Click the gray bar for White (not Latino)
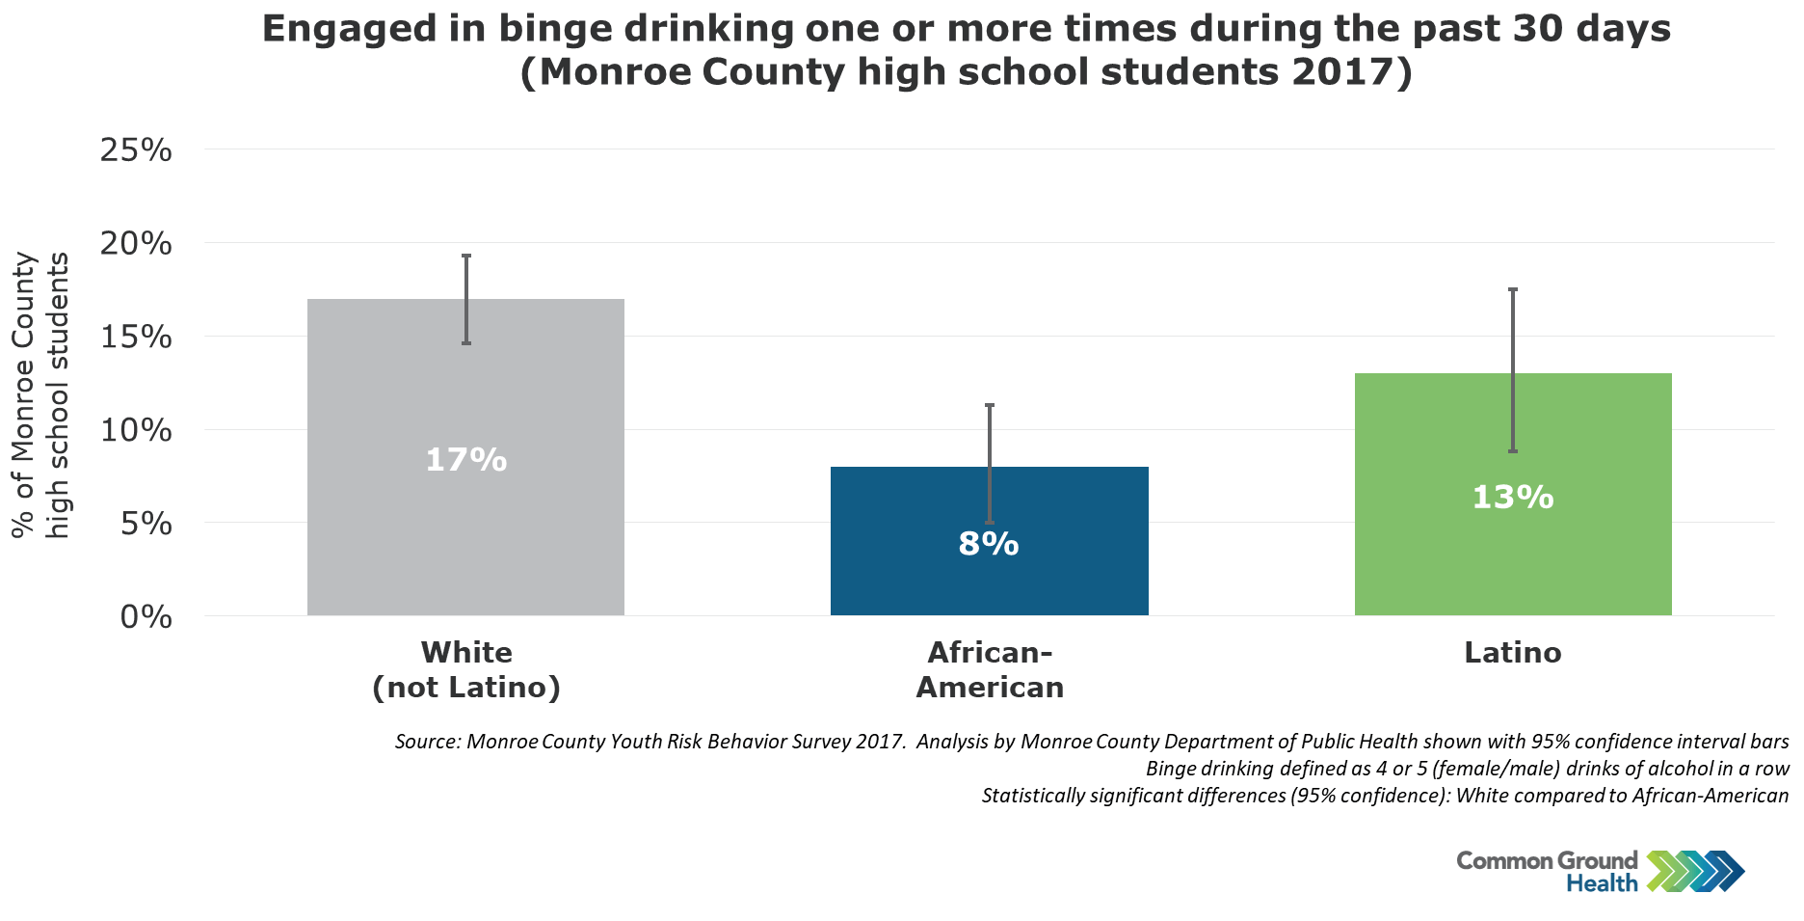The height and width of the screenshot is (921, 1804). (465, 457)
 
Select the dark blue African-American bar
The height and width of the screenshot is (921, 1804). (989, 541)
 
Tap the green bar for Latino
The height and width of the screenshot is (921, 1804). (1513, 494)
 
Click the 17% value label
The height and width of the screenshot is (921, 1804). (466, 460)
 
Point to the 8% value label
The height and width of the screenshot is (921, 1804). (989, 544)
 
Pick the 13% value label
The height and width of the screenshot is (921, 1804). (1513, 497)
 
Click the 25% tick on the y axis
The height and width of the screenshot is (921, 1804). (136, 149)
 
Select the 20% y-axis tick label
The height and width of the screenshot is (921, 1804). (136, 243)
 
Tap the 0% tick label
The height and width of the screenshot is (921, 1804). (146, 616)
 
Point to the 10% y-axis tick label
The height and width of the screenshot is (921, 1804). (136, 430)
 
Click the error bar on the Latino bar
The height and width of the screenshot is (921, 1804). (1513, 370)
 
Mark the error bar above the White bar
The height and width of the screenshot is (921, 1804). (466, 299)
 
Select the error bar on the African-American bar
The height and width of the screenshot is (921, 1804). (990, 464)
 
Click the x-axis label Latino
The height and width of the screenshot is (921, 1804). (1513, 653)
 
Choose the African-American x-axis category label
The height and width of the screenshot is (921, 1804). (990, 670)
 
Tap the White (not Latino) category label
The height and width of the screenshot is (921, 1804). (466, 670)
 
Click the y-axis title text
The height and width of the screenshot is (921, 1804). (40, 395)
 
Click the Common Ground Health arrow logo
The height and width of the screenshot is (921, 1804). (1695, 871)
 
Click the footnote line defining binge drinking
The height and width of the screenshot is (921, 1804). (1468, 769)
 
